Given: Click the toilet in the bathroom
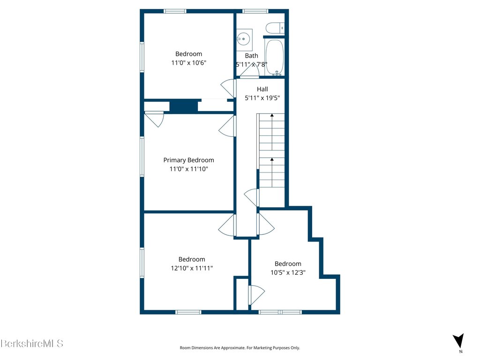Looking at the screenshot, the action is (x=275, y=28).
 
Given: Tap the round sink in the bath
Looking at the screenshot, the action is (x=243, y=39).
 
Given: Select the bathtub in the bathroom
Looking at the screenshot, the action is (x=275, y=57).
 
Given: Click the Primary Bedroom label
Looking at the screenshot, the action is (x=188, y=160).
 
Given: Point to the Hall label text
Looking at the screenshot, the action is (x=262, y=89).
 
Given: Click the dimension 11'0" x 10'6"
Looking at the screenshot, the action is (x=188, y=63).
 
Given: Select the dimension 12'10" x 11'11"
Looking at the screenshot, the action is (x=192, y=268).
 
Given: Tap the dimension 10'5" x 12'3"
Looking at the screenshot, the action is (x=288, y=272).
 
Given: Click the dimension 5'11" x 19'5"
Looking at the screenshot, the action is (x=262, y=98).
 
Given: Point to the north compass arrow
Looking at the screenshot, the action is (x=458, y=340).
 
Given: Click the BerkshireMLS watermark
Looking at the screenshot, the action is (x=32, y=344).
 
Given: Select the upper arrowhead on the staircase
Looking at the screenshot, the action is (x=272, y=115).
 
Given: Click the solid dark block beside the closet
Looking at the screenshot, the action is (x=184, y=106).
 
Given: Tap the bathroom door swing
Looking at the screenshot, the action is (x=250, y=71).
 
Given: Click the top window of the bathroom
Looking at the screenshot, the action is (x=255, y=11).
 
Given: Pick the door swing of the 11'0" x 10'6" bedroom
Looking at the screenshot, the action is (x=228, y=88).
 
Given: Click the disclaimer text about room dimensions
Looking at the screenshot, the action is (x=240, y=348).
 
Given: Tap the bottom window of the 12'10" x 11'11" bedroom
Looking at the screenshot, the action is (x=188, y=312).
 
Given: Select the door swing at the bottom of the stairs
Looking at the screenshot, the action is (x=252, y=198).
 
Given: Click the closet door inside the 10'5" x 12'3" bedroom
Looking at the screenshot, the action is (x=256, y=295).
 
